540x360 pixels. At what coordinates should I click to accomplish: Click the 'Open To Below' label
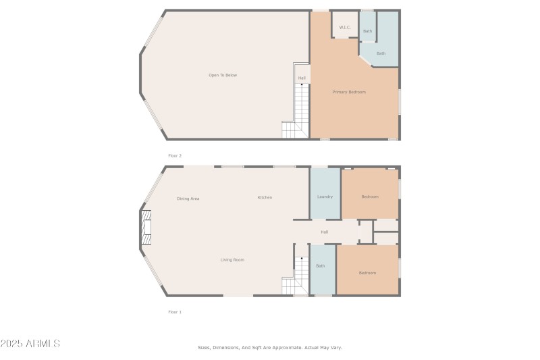point(222,75)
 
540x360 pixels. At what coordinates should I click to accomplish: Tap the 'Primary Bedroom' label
point(349,92)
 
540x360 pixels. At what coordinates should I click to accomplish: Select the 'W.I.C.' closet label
point(344,28)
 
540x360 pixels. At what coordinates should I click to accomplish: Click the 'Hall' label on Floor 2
point(302,78)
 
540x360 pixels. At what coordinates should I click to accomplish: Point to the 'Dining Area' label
point(188,199)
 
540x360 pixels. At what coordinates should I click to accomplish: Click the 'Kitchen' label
point(265,197)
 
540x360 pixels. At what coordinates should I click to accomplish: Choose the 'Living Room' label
point(232,260)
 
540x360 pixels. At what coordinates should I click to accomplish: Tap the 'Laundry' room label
point(325,197)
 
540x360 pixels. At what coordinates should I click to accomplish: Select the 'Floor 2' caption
point(175,156)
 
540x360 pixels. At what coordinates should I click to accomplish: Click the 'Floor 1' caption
point(175,312)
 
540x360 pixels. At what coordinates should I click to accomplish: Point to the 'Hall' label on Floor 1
point(325,232)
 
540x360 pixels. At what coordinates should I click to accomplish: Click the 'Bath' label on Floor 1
point(321,266)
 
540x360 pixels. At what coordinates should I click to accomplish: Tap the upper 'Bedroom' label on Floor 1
point(370,197)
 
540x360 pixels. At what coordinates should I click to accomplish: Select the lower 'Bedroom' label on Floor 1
point(367,273)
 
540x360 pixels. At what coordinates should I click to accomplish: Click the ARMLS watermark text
point(31,344)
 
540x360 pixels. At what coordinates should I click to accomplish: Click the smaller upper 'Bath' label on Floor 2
point(367,31)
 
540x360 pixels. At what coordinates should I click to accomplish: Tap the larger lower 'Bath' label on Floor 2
point(381,53)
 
